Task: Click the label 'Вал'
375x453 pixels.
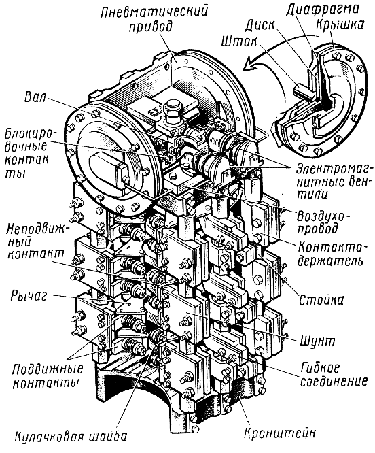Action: [x=35, y=97]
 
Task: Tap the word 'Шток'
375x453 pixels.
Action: [x=239, y=42]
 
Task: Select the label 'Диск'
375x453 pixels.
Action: [x=260, y=26]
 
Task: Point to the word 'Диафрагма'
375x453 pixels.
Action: [x=323, y=10]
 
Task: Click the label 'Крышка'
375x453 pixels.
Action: [x=340, y=25]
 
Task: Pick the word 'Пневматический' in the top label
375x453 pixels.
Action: [x=154, y=12]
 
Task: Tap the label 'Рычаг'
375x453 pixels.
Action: [x=29, y=296]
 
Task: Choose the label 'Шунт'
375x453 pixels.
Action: [x=318, y=341]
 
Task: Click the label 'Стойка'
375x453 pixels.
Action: [x=321, y=301]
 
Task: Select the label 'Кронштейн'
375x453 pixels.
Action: [x=280, y=433]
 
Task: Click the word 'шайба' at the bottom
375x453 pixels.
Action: [x=106, y=436]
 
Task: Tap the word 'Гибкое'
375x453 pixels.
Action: [x=319, y=369]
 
